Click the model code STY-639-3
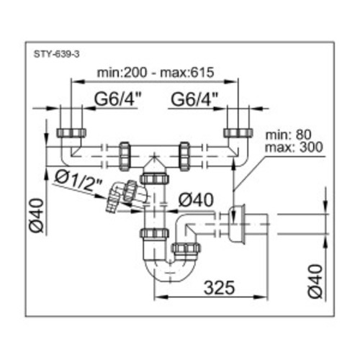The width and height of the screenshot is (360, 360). [56, 55]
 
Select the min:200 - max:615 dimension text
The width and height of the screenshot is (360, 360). [156, 72]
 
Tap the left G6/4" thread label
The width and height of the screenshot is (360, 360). [117, 99]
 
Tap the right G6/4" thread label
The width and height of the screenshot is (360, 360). [194, 99]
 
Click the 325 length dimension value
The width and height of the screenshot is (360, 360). [219, 287]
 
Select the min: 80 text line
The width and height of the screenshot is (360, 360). [288, 135]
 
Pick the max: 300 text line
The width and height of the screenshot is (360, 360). [294, 147]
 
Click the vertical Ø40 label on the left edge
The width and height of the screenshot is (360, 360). [37, 215]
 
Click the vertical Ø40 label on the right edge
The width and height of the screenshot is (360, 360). [315, 282]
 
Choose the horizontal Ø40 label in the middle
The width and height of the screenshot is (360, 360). [196, 200]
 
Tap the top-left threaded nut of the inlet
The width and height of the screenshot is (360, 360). [71, 133]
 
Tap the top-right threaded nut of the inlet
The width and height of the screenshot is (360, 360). [238, 133]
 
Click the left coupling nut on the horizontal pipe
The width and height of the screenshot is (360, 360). [125, 156]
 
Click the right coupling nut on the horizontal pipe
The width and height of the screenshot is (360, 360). [184, 156]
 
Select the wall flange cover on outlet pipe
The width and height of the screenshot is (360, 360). [237, 225]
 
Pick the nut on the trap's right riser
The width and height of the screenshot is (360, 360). [186, 248]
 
